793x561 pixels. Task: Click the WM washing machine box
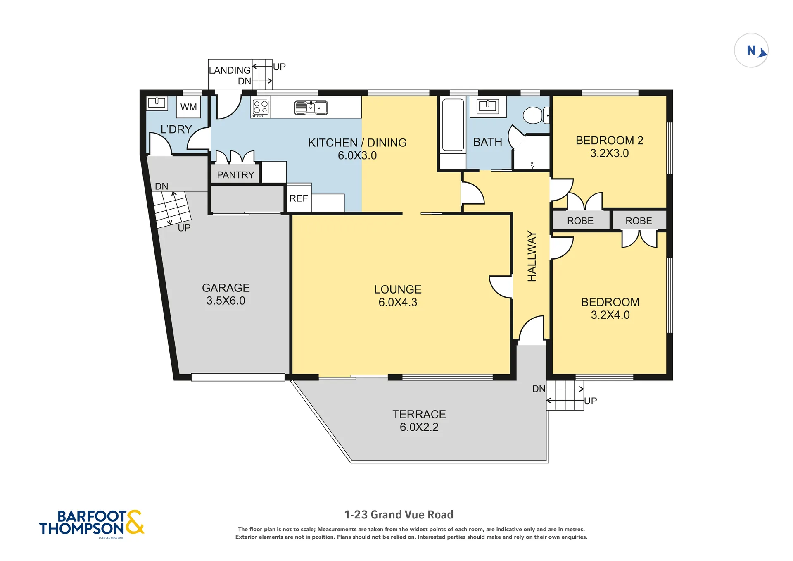[x=188, y=107]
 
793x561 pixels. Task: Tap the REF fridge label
[x=298, y=198]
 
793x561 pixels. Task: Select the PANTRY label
[x=235, y=175]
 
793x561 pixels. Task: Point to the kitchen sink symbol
[x=311, y=107]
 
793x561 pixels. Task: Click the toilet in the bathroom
[x=536, y=115]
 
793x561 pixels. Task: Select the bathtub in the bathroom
[x=453, y=125]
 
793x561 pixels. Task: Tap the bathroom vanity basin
[x=488, y=106]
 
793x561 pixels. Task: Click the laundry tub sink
[x=157, y=103]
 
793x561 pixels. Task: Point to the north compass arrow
[x=762, y=53]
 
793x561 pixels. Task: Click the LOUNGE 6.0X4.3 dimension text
[x=398, y=302]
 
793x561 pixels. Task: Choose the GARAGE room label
[x=226, y=288]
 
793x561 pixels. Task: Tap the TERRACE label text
[x=419, y=414]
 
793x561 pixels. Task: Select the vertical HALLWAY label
[x=532, y=256]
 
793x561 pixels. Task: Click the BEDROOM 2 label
[x=609, y=141]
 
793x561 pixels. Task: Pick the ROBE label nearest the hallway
[x=580, y=221]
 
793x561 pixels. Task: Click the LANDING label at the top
[x=230, y=70]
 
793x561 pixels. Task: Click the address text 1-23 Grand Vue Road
[x=399, y=515]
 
